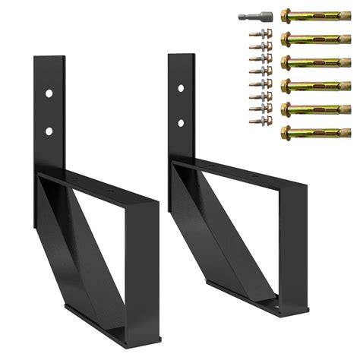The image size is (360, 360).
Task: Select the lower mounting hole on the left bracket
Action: pos(48,131)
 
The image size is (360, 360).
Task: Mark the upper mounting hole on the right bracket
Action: pos(181,89)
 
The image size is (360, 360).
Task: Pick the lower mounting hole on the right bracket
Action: pos(181,122)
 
